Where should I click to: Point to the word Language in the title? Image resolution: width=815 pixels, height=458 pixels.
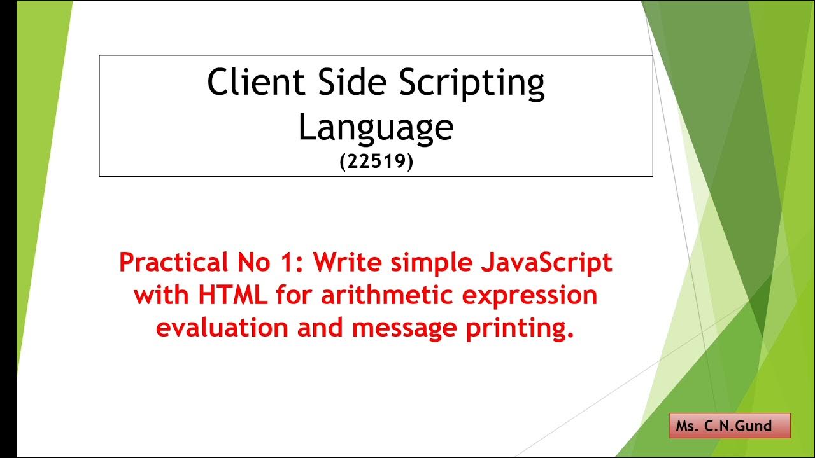click(x=376, y=127)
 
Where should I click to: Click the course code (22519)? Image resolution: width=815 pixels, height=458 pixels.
click(x=376, y=162)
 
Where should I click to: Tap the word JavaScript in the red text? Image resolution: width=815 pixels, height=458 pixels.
click(x=545, y=263)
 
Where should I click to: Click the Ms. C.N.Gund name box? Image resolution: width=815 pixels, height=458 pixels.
click(x=729, y=426)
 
